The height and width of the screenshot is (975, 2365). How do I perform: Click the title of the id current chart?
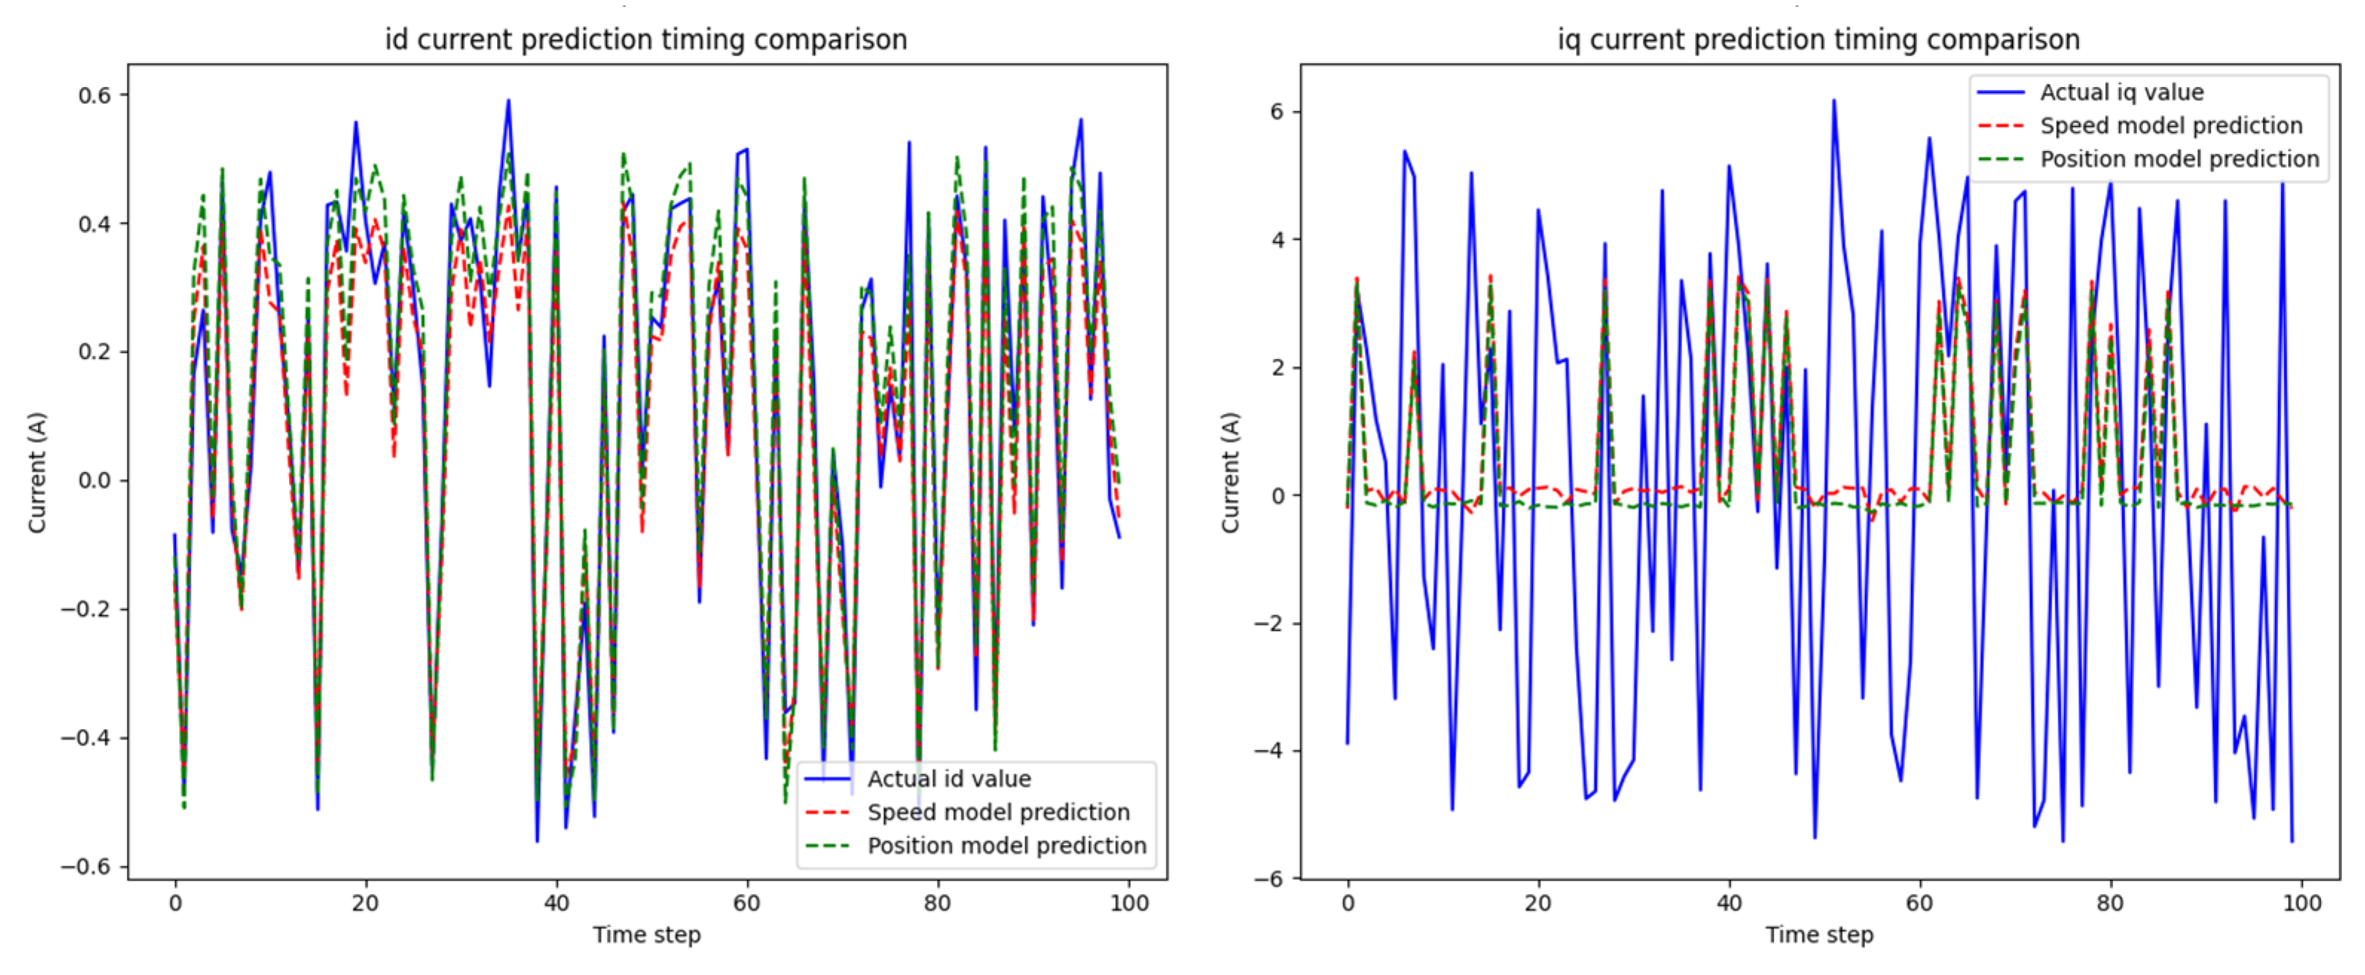[646, 39]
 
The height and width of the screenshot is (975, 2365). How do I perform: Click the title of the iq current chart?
[1818, 39]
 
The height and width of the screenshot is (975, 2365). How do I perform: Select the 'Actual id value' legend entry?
[948, 780]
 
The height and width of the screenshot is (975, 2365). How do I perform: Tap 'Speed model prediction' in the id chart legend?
[998, 812]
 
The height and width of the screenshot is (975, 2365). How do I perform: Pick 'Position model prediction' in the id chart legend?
[1006, 846]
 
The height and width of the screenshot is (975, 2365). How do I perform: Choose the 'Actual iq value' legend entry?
[2121, 93]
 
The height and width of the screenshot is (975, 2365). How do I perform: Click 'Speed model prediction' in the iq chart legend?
[2170, 126]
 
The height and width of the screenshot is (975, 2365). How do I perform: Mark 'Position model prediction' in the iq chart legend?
[2179, 159]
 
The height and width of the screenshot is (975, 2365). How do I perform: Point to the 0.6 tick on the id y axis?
[94, 95]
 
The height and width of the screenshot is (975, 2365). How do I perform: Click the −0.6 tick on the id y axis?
[86, 867]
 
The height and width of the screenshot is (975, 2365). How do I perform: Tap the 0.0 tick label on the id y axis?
[94, 480]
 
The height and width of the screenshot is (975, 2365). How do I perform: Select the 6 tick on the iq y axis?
[1277, 111]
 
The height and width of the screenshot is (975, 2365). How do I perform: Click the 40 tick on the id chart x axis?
[557, 904]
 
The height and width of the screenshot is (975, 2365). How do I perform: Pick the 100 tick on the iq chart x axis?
[2302, 904]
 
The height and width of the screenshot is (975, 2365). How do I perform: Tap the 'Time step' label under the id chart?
[646, 936]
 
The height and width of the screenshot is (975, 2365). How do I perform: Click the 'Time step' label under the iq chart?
[1819, 936]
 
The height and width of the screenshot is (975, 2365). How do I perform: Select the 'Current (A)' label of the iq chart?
[1230, 472]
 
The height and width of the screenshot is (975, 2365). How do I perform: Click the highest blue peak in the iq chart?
[1834, 100]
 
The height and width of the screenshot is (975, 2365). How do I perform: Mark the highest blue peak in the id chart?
[507, 101]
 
